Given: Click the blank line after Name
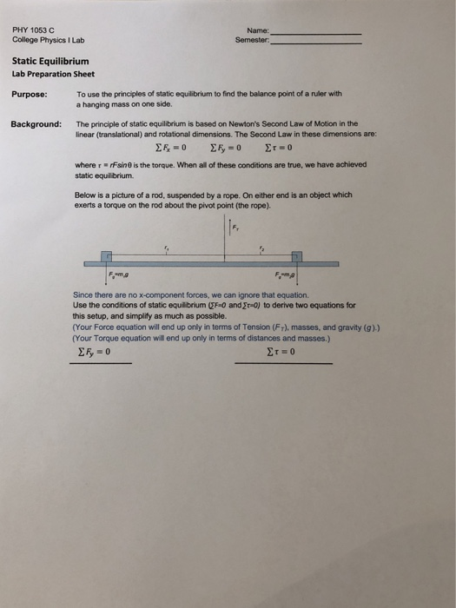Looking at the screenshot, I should [316, 33].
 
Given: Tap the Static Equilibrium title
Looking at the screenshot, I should [50, 62].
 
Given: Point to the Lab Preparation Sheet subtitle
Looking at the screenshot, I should [47, 74].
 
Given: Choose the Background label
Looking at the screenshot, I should [36, 124].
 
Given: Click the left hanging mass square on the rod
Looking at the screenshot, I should [105, 258].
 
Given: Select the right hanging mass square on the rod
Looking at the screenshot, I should [296, 258].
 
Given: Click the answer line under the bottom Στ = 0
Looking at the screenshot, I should [283, 362].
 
